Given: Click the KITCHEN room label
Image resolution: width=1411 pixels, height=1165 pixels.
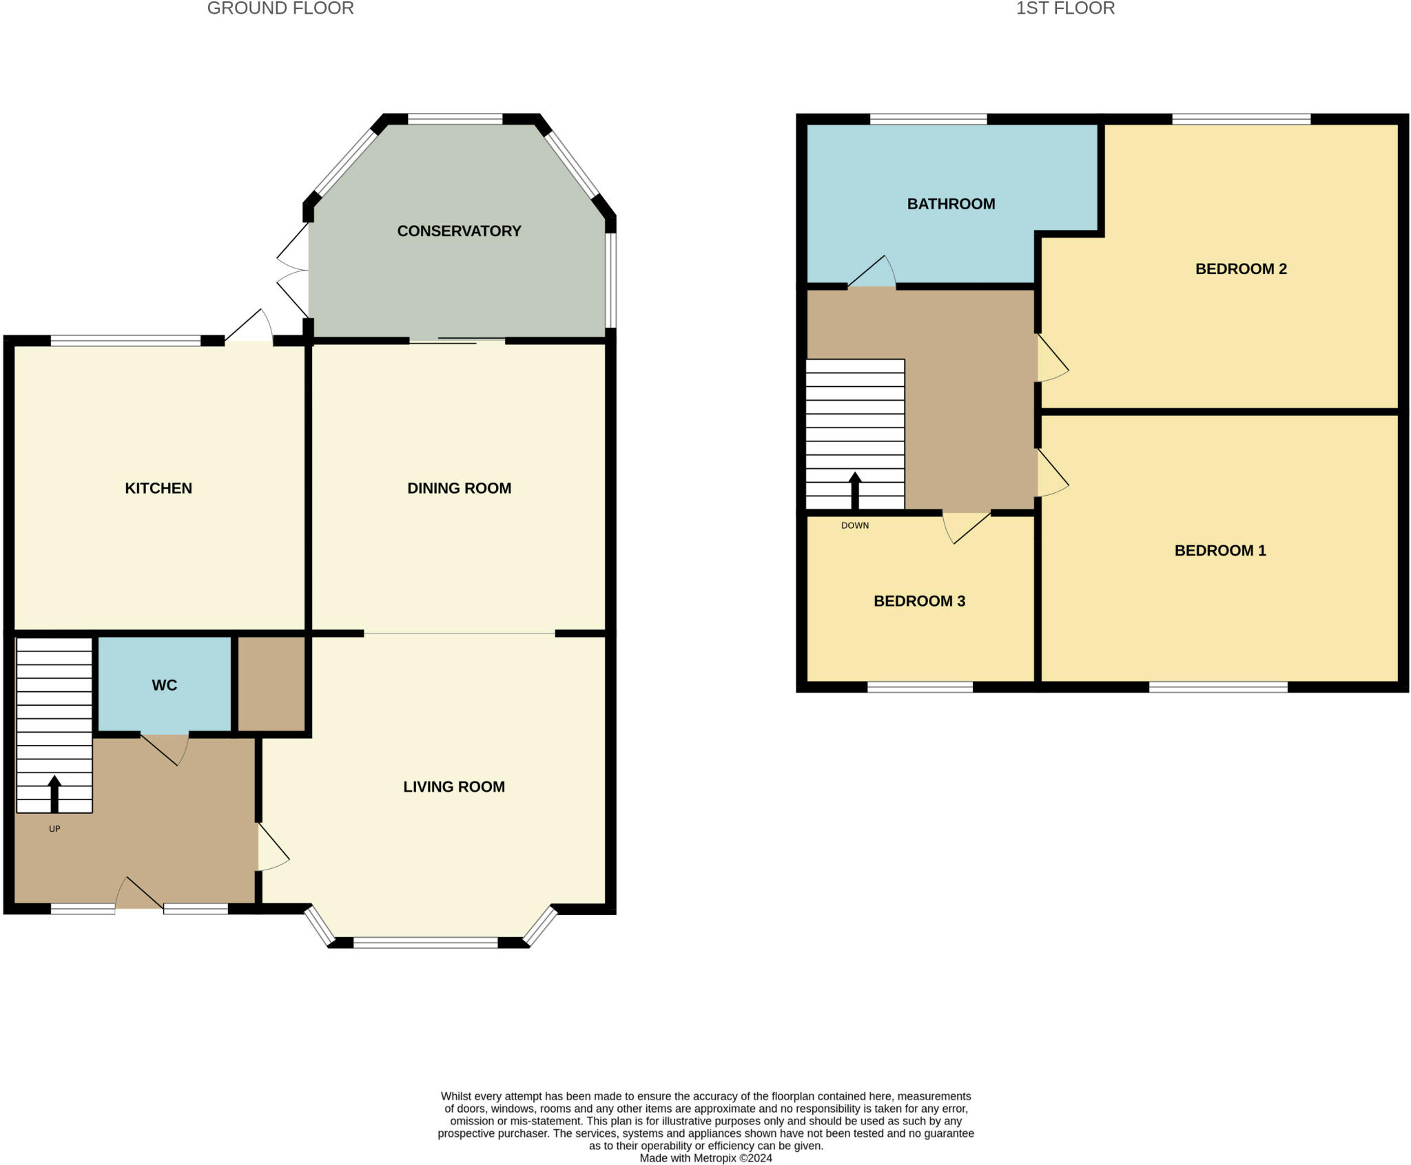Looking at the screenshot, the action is [x=158, y=488].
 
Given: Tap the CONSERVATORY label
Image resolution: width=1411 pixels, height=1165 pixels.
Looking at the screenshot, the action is [x=459, y=231].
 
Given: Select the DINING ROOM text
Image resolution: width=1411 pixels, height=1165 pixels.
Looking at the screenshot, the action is [x=459, y=488].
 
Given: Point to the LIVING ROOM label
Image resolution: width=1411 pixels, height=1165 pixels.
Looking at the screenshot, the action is [x=454, y=786].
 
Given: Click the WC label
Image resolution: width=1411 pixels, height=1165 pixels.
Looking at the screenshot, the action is [x=165, y=685].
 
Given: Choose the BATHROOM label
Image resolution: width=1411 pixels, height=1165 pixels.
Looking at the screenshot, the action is [x=951, y=204].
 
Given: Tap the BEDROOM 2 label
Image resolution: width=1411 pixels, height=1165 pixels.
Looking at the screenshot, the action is [x=1241, y=269].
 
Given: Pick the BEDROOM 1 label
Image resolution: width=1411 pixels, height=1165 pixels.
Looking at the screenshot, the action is [x=1220, y=550].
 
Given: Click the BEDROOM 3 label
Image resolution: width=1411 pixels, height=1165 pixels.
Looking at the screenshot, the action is [x=919, y=601].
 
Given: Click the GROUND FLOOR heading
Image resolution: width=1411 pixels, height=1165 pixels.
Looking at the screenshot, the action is [x=280, y=8].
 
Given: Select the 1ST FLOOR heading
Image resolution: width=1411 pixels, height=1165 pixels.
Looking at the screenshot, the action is [x=1065, y=8].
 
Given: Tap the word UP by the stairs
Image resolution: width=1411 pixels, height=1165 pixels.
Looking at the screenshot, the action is [x=54, y=829].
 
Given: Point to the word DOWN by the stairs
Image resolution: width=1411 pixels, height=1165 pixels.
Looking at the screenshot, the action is [x=855, y=525].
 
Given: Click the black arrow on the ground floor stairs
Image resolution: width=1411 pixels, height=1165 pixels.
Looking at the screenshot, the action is [x=54, y=794].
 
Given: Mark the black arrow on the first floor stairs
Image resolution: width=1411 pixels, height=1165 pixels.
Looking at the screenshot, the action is [x=855, y=491].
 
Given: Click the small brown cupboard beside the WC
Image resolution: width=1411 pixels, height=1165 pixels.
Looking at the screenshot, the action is [x=271, y=684].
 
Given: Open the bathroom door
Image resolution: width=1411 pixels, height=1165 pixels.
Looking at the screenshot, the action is [x=872, y=271].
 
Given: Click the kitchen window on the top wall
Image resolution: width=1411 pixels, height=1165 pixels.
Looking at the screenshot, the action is [x=125, y=340].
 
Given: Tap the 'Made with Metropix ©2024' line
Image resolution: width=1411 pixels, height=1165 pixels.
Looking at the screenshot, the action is [x=705, y=1158].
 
